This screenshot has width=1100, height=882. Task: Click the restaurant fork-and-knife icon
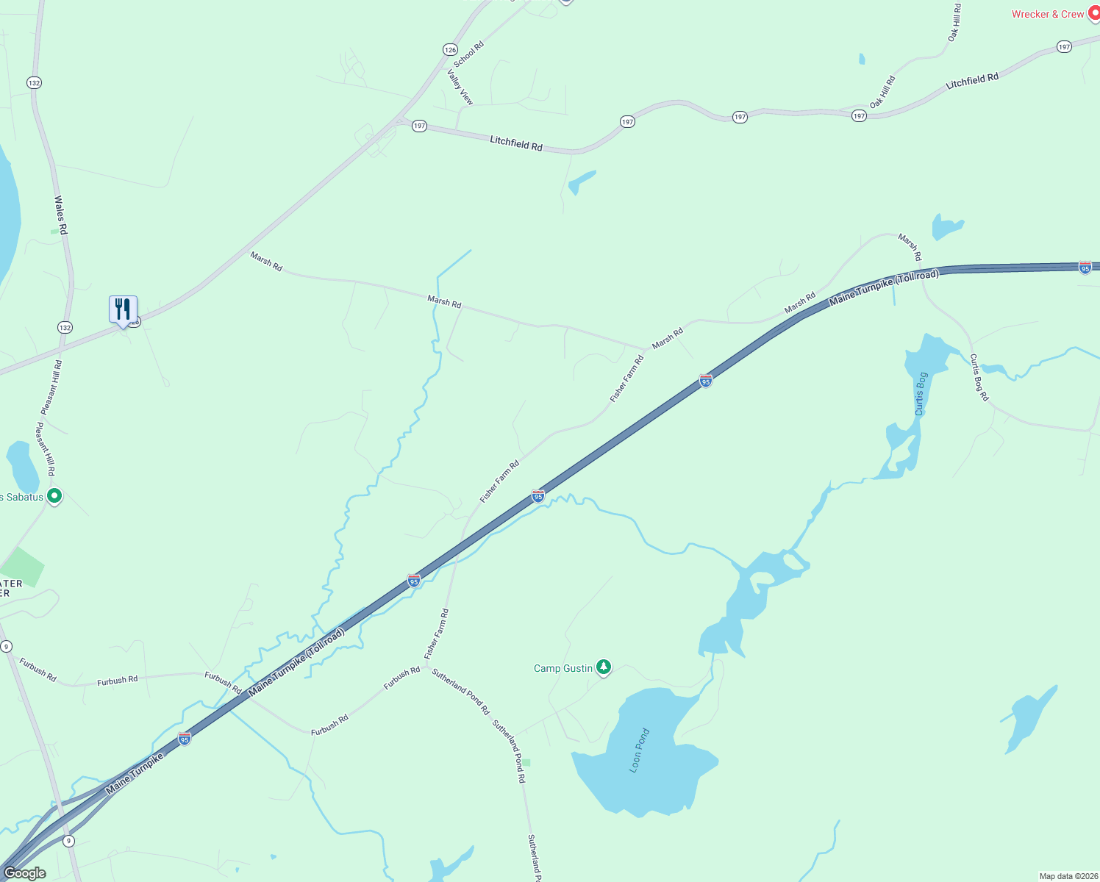point(123,309)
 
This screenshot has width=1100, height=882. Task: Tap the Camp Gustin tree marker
point(604,667)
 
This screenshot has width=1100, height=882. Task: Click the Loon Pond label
point(640,750)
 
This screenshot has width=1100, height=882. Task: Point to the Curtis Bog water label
point(921,394)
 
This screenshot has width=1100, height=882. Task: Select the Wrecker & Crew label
point(1047,14)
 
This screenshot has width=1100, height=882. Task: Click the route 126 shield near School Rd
point(450,49)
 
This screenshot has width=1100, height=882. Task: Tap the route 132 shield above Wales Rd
point(34,83)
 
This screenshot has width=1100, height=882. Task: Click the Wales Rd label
point(61,215)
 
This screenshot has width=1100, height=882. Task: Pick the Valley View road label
point(460,87)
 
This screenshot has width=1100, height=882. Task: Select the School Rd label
point(469,54)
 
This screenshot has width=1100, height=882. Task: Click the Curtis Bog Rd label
point(979,377)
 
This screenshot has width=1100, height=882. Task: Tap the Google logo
point(24,873)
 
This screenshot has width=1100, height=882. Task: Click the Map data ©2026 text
point(1068,876)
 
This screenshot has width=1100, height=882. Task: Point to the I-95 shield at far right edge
point(1085,268)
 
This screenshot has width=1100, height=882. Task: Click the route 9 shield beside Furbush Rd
point(7,646)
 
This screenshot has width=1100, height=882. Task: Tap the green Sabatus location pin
point(54,496)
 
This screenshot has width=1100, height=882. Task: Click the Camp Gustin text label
point(562,668)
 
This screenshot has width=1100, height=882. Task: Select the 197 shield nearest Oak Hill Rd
point(859,116)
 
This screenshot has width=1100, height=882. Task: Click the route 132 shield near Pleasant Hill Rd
point(65,327)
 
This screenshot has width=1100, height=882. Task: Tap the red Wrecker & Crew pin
point(1093,14)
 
